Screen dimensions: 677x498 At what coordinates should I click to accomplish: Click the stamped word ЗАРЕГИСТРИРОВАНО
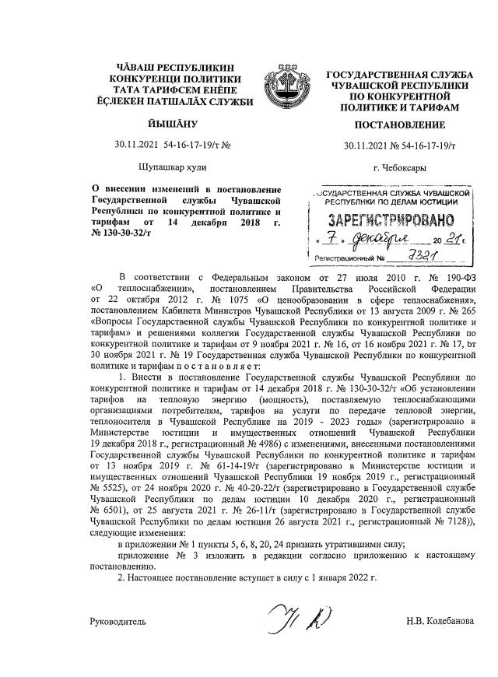click(392, 219)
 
